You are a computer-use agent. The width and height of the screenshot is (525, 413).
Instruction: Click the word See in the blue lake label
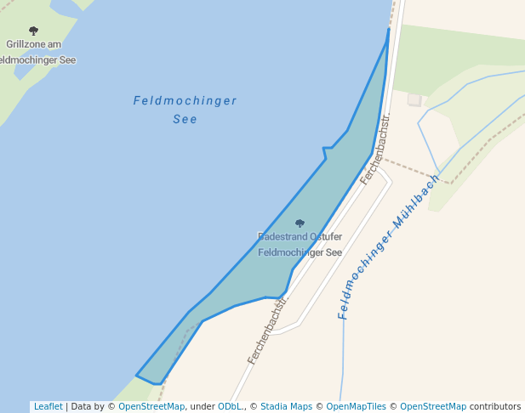tap(185, 119)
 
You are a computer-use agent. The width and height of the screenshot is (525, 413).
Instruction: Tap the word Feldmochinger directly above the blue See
tap(185, 101)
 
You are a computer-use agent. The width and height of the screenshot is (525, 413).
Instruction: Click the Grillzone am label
tap(33, 44)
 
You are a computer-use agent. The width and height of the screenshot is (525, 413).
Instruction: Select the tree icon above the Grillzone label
tap(33, 31)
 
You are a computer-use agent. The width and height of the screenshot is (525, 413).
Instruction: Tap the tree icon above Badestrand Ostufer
tap(300, 223)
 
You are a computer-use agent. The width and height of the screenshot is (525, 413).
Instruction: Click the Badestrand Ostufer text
tap(300, 236)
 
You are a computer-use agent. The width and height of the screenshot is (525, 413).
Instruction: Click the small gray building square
tap(414, 100)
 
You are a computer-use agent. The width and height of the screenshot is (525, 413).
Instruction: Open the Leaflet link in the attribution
tap(48, 406)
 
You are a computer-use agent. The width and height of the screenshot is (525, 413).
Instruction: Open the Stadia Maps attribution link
tap(286, 406)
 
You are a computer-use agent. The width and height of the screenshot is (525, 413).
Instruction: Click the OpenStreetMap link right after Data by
tap(151, 406)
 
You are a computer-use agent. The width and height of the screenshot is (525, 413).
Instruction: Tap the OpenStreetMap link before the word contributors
tap(433, 406)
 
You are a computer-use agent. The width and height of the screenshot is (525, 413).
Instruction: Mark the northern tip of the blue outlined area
tap(389, 30)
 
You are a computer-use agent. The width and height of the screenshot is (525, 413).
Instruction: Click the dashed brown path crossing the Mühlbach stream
tap(448, 181)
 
